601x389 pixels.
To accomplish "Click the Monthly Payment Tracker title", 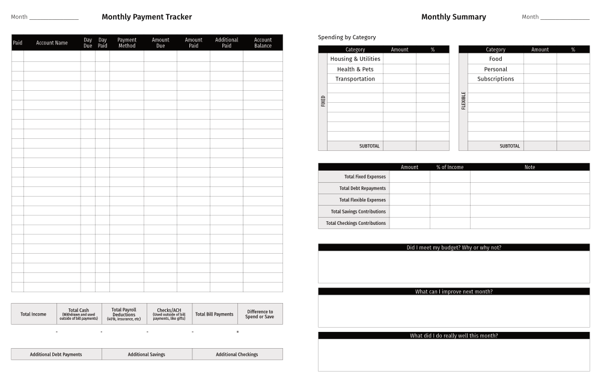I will (147, 17).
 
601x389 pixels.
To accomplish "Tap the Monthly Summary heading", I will (453, 17).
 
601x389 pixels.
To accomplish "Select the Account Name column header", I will (52, 43).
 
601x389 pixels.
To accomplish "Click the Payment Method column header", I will (127, 43).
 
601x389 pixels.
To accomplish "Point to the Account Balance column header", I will (263, 43).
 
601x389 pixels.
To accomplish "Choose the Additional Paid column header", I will (227, 43).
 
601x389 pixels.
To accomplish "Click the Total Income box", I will (33, 314).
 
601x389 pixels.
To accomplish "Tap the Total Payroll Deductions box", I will (124, 314).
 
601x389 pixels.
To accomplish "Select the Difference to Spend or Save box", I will (260, 314).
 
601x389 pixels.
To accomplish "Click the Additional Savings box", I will (147, 354).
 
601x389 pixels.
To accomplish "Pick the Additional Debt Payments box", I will (56, 354).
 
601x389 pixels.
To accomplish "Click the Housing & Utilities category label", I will (355, 59).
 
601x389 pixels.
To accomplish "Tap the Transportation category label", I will (355, 79).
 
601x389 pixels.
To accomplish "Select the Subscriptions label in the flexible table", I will (495, 79).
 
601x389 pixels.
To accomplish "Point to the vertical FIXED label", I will (323, 101).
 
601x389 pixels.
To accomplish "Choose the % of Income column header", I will (450, 167).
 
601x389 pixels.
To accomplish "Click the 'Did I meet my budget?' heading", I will (454, 247).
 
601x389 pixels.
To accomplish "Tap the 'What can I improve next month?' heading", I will (454, 292).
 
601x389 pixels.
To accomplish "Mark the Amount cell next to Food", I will (540, 59).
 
